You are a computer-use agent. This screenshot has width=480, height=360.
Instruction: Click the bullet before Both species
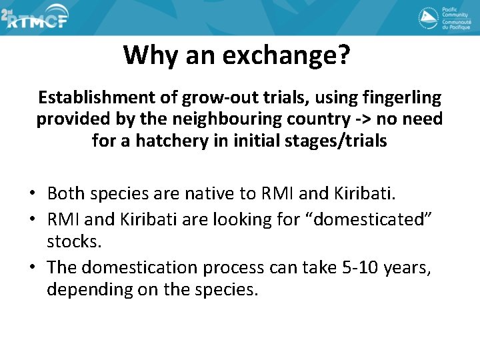point(32,194)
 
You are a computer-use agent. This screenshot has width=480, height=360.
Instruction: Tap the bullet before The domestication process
point(32,267)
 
